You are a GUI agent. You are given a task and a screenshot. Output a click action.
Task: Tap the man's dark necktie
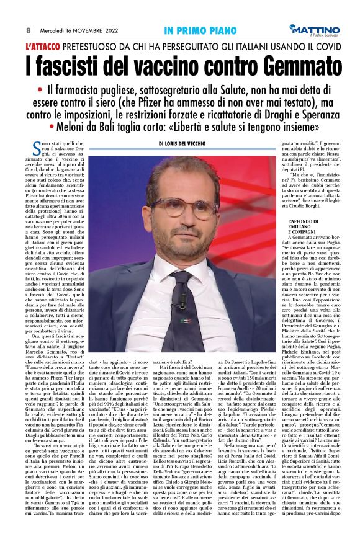point(181,307)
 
